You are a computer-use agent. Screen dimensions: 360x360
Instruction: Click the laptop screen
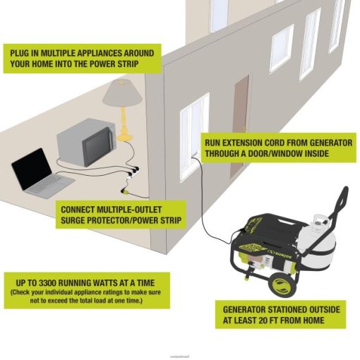tap(32, 169)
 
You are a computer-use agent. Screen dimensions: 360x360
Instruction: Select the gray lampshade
tap(122, 92)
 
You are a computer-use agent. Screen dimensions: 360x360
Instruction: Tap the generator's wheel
tap(282, 284)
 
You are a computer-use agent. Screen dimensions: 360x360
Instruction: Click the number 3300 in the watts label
tap(47, 282)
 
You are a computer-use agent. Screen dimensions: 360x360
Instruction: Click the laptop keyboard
tap(49, 185)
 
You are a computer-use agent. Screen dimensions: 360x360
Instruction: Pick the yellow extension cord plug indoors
tap(124, 191)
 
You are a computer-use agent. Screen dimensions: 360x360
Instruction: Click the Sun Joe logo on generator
tap(280, 254)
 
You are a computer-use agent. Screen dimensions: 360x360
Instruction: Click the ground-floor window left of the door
tap(194, 137)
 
